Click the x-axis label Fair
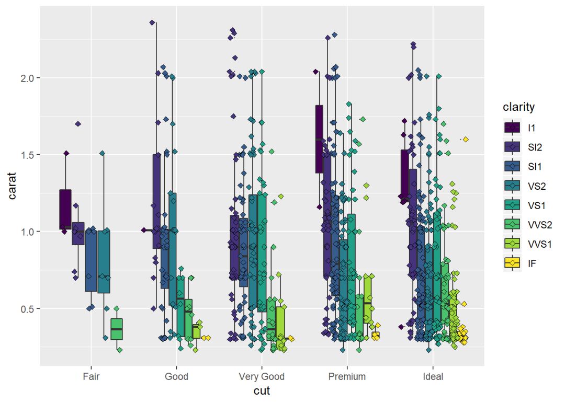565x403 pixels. click(x=91, y=376)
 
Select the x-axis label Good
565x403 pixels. click(x=176, y=376)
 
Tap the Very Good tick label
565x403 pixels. click(x=262, y=376)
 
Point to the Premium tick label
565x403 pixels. click(x=347, y=376)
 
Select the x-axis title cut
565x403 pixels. click(x=262, y=390)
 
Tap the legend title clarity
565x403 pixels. click(x=518, y=107)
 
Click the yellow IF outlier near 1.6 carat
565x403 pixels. click(x=466, y=139)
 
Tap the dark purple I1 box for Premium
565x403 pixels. click(x=319, y=139)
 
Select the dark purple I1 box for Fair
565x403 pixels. click(x=65, y=209)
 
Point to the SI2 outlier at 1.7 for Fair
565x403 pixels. click(x=78, y=124)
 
